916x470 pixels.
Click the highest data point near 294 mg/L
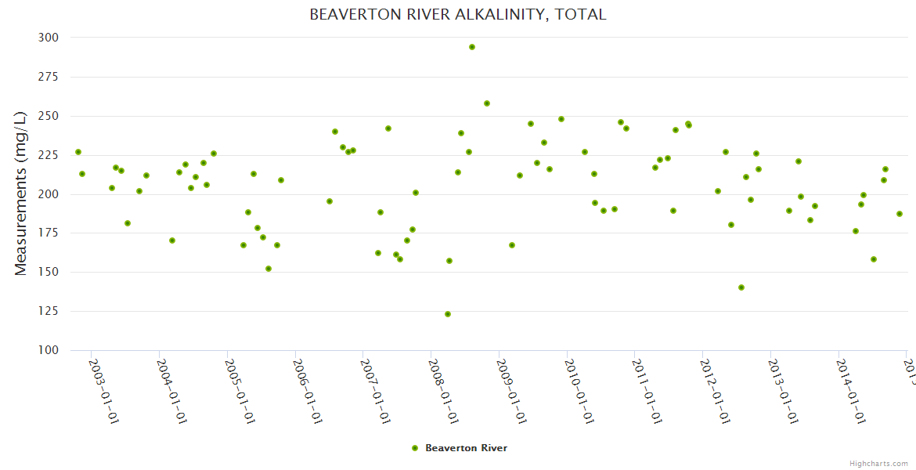(x=472, y=47)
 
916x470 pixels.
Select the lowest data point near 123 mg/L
(x=448, y=314)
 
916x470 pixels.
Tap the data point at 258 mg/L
(x=487, y=103)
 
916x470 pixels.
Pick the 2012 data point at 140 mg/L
(x=741, y=287)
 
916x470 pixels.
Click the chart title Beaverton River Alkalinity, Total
(x=458, y=15)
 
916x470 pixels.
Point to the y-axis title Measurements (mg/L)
(x=21, y=193)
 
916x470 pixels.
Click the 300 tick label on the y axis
(x=48, y=38)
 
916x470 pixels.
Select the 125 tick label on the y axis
(x=48, y=311)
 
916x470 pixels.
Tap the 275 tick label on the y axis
(x=48, y=77)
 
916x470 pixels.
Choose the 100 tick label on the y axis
(x=48, y=350)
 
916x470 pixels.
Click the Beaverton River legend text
(x=466, y=448)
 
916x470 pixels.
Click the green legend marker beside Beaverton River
(x=415, y=448)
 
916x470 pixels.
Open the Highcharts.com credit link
(x=878, y=463)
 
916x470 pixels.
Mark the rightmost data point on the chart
(x=900, y=214)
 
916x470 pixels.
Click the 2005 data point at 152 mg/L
(x=269, y=269)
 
